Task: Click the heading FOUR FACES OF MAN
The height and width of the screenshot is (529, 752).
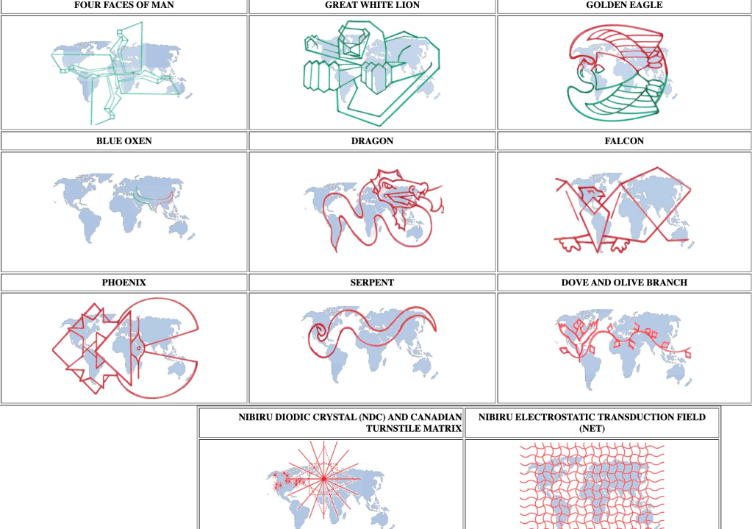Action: tap(123, 5)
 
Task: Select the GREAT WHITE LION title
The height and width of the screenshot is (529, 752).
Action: tap(372, 5)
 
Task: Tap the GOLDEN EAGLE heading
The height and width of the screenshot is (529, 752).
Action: tap(624, 5)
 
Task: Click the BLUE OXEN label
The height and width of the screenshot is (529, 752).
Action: tap(123, 141)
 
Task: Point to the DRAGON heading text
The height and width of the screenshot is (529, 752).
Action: tap(372, 141)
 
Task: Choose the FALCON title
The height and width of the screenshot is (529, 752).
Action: tap(624, 141)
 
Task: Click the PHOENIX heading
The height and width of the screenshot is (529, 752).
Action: tap(123, 283)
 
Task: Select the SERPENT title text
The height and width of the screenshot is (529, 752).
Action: tap(372, 283)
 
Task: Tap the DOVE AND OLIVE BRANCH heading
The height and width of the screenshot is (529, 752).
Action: tap(624, 283)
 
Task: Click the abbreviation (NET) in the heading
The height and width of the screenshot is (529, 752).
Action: tap(592, 428)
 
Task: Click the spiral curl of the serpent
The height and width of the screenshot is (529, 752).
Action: tap(318, 332)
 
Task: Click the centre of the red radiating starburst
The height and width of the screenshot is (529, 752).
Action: tap(323, 478)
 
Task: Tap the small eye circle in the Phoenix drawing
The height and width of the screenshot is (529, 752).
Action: tap(139, 349)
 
